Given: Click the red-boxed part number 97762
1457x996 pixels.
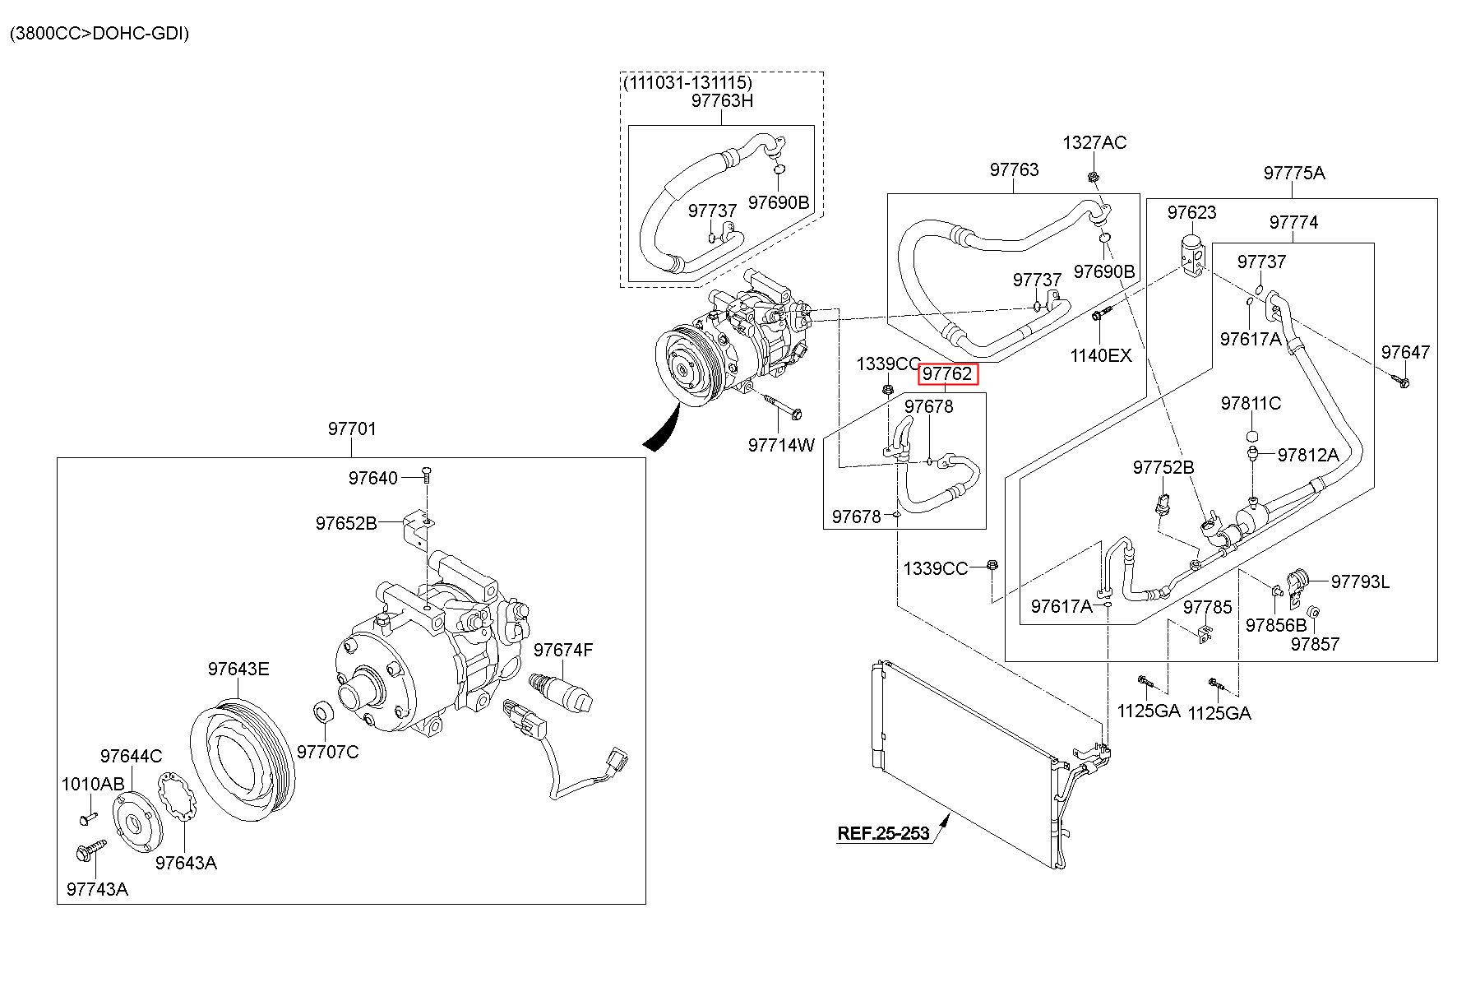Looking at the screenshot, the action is coord(948,374).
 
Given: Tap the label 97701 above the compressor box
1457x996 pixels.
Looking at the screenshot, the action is coord(352,429).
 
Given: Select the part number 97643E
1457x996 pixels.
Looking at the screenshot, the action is coord(238,669).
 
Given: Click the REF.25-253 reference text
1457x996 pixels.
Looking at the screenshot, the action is coord(883,833).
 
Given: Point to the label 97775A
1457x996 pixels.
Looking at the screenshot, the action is coord(1294,173).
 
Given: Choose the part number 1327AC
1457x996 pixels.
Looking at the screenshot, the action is coord(1094,142).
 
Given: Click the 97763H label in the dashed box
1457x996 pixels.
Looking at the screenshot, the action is coord(722,100).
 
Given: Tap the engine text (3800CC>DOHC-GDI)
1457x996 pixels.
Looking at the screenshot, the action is coord(99,34).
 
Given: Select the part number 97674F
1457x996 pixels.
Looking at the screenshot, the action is coord(563,651).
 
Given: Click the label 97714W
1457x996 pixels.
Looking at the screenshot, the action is coord(781,445).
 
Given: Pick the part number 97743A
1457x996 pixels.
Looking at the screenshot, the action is coord(97,889).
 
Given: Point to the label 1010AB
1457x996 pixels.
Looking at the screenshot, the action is coord(93,784).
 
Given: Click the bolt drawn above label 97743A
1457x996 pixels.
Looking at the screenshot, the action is coord(90,850).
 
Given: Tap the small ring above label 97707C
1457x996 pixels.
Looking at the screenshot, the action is coord(323,711).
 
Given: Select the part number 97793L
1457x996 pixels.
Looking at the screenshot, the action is coord(1360,582).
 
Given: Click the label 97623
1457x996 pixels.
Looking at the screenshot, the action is coord(1192,212).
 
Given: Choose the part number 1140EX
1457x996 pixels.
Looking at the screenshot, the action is coord(1101,355).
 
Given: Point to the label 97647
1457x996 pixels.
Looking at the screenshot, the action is coord(1405,352).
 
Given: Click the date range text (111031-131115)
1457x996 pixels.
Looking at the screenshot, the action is coord(687,82).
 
